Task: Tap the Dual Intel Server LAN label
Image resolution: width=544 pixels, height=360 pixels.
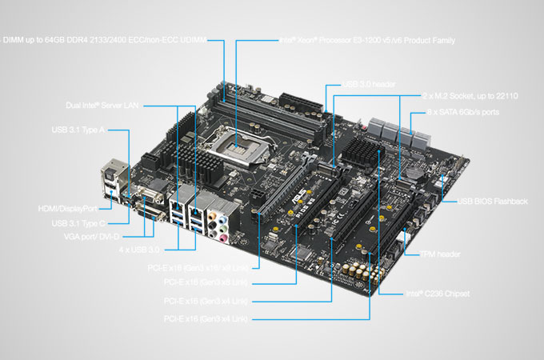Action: point(106,105)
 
